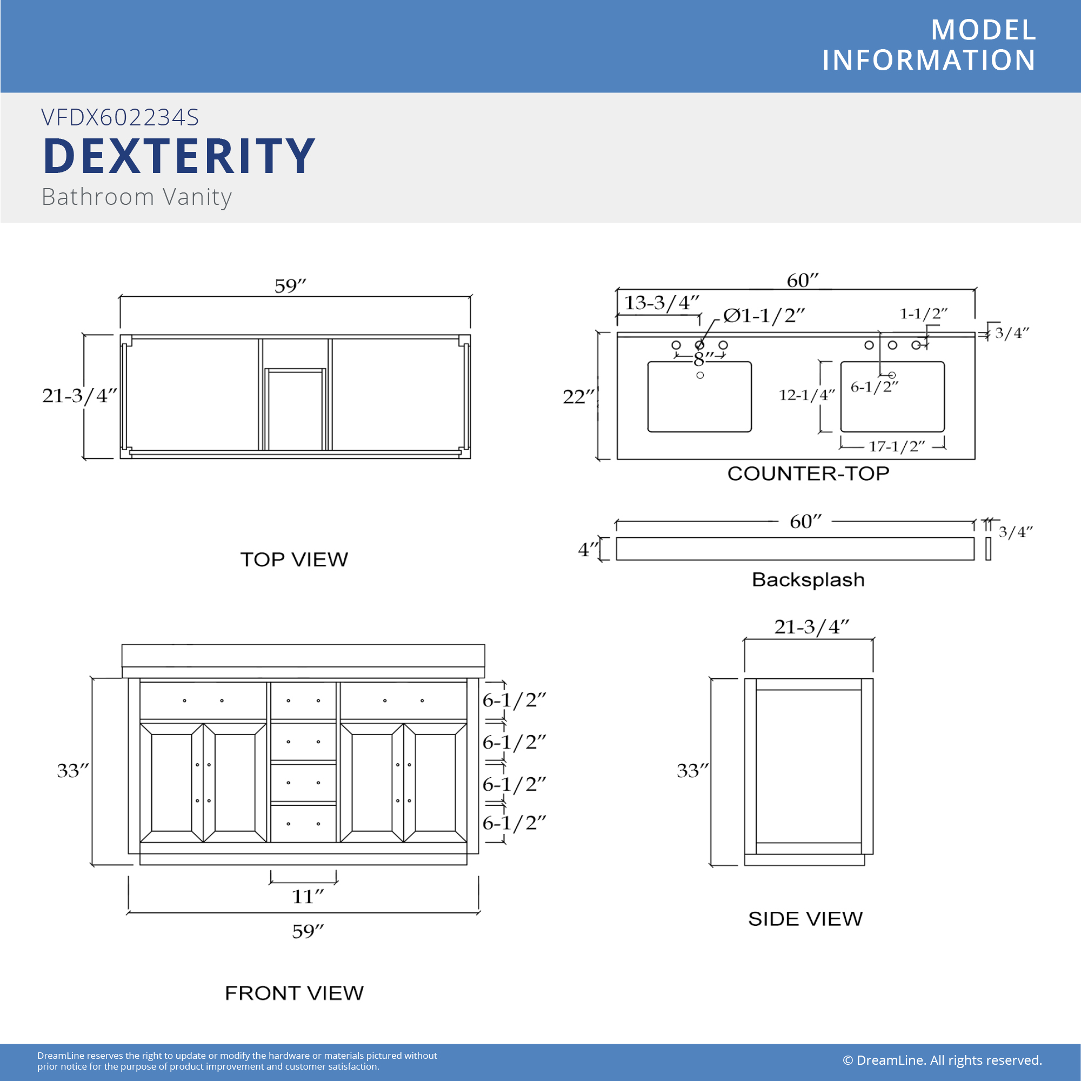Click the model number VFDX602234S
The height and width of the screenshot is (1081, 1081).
point(121,117)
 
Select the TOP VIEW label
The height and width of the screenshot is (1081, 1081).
point(295,559)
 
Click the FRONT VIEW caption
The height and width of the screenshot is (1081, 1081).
point(295,993)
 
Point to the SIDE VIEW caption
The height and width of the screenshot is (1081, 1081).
point(806,919)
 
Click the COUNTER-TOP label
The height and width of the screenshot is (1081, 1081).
point(809,473)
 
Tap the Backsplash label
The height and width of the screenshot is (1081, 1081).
point(809,580)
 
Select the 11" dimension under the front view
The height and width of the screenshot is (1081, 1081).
point(308,896)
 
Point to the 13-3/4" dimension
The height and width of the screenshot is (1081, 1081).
point(662,303)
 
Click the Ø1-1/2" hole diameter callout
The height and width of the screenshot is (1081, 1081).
point(764,316)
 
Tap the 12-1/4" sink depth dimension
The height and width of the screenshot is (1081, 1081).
point(807,395)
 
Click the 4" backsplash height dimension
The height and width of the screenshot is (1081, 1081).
point(588,550)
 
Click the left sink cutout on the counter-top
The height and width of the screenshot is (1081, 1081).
point(699,397)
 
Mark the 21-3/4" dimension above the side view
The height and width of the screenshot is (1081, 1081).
point(812,626)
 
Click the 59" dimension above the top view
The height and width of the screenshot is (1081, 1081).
point(290,286)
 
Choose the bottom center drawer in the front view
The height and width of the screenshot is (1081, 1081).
point(303,824)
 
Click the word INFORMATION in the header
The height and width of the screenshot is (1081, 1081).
point(929,60)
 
